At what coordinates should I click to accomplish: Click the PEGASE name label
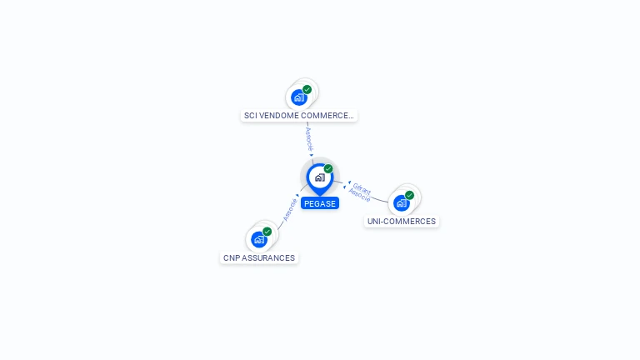tap(320, 203)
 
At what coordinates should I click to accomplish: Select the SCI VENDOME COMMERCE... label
tap(299, 116)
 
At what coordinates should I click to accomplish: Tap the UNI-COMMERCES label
tap(402, 222)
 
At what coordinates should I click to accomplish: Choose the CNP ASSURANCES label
tap(259, 258)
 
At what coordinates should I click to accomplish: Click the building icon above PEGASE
tap(319, 177)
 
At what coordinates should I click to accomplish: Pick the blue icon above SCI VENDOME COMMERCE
tap(299, 97)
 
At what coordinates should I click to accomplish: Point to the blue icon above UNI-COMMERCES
tap(402, 202)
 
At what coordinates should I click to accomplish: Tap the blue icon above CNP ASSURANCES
tap(259, 240)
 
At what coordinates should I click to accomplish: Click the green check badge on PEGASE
tap(328, 169)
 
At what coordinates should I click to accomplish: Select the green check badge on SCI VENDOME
tap(307, 89)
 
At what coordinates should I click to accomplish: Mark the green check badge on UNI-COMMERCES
tap(410, 195)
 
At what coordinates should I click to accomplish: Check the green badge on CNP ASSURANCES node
tap(267, 232)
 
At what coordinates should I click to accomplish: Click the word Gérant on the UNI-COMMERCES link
tap(362, 188)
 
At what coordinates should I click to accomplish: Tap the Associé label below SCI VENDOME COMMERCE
tap(308, 138)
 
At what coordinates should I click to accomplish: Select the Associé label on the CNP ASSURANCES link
tap(289, 208)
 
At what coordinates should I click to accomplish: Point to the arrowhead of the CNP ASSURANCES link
tap(298, 196)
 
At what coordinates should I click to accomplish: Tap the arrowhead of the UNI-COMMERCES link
tap(347, 182)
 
